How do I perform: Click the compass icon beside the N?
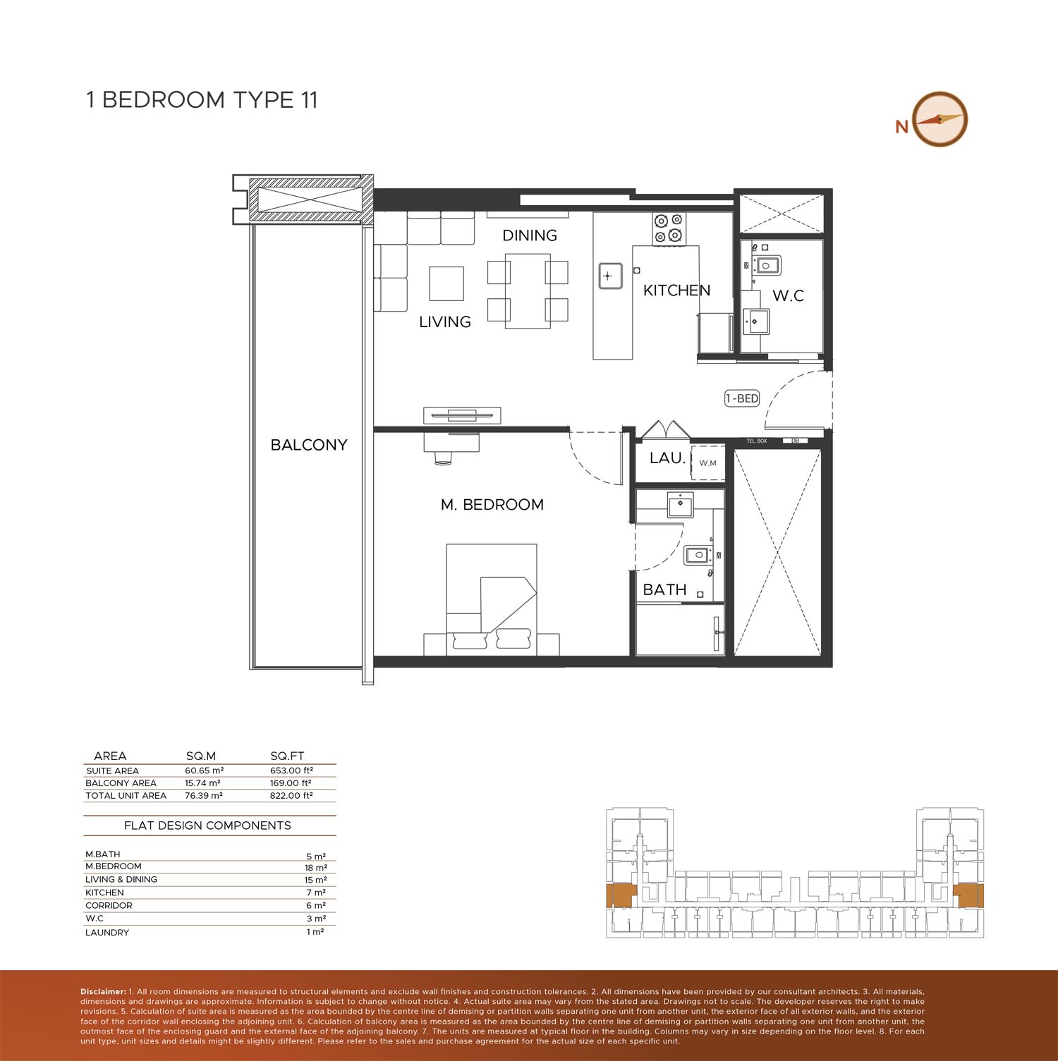[940, 119]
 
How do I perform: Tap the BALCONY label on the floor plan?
[309, 445]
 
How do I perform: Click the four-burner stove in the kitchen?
[669, 228]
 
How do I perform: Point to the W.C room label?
[788, 296]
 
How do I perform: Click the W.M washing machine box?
[707, 463]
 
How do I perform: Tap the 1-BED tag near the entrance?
[742, 398]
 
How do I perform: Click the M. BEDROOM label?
[492, 505]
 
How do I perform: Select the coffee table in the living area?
[447, 283]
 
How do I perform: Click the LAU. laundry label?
[667, 458]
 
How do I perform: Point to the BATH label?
[664, 589]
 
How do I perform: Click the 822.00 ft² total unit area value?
[291, 795]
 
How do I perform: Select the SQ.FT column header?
[287, 756]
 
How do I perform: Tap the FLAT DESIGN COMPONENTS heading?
[207, 826]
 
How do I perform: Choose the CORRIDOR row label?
[109, 905]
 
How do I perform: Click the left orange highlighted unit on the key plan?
[620, 895]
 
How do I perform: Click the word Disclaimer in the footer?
[103, 992]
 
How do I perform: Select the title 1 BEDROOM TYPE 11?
[202, 100]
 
